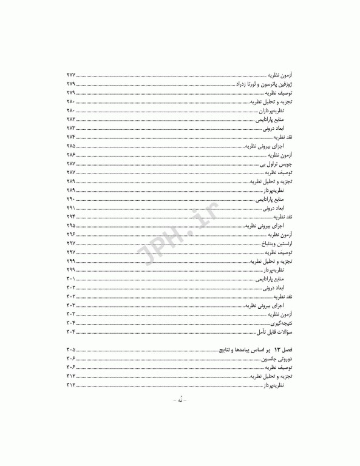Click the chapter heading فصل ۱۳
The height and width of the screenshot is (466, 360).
click(282, 351)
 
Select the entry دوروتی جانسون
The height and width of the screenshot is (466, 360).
click(277, 360)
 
